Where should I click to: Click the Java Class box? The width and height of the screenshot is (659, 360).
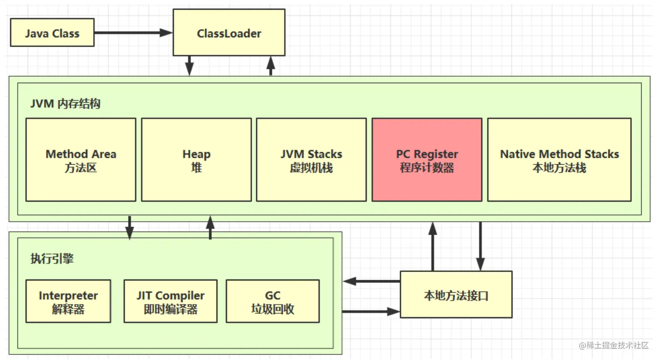coord(52,32)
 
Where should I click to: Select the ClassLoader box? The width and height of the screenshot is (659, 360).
coord(229,32)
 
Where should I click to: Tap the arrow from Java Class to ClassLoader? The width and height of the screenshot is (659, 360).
coord(133,32)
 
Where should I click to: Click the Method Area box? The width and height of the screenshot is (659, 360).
coord(81,160)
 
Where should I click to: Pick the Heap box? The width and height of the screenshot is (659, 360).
coord(197,160)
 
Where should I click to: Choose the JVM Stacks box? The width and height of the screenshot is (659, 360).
coord(312,160)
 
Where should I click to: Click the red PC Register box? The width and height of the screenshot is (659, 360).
coord(427,160)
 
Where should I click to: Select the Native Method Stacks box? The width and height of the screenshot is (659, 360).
coord(559,160)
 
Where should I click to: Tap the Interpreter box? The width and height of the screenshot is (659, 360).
coord(68,301)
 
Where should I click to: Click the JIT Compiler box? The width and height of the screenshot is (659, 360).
coord(171,301)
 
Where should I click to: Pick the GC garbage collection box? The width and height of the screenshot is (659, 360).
coord(273,301)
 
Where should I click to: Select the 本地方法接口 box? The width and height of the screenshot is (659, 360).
coord(456,295)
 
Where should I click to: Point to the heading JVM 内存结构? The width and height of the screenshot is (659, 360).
coord(65,104)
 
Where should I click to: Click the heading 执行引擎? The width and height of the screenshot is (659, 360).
coord(52,258)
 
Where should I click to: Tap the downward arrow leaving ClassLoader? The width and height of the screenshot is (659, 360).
coord(190,65)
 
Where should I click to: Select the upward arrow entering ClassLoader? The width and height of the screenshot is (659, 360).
coord(271,65)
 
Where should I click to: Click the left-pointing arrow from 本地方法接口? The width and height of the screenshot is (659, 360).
coord(372,281)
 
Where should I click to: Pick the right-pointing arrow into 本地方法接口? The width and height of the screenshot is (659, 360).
coord(371,311)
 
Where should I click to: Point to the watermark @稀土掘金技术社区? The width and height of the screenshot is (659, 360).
coord(614,345)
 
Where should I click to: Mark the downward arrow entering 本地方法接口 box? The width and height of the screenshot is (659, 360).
coord(480,246)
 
